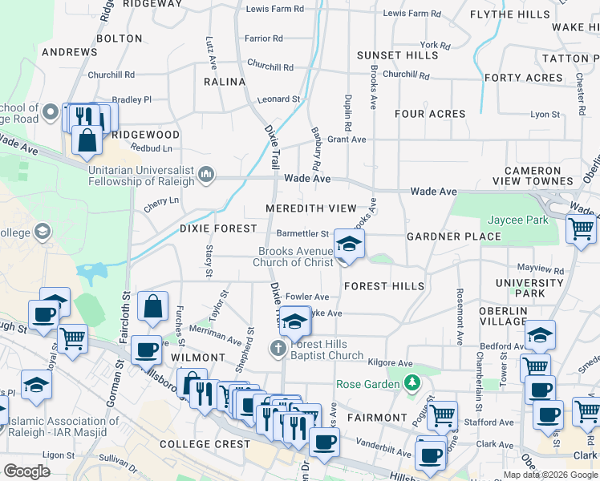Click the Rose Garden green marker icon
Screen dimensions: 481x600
[x=412, y=383]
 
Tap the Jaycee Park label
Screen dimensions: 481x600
[x=517, y=220]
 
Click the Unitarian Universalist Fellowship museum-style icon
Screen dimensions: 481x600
[x=206, y=174]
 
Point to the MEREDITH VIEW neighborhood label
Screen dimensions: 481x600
[x=311, y=208]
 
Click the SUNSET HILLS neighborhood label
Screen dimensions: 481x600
[x=398, y=55]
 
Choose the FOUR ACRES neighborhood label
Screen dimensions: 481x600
[x=431, y=114]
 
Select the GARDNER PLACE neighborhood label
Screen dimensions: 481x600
[x=454, y=236]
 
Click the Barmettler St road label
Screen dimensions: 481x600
[x=302, y=234]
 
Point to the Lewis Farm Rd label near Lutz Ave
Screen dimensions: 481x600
[x=275, y=9]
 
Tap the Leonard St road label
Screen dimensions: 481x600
[x=278, y=99]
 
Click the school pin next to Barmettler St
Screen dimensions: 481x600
[x=348, y=245]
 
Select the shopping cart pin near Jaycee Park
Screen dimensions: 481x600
[x=582, y=228]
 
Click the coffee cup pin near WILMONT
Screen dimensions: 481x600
[x=146, y=349]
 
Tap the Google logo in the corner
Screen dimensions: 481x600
[x=27, y=471]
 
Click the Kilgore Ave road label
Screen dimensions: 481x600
[x=389, y=363]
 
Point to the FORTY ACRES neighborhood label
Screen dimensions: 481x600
[x=524, y=78]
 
